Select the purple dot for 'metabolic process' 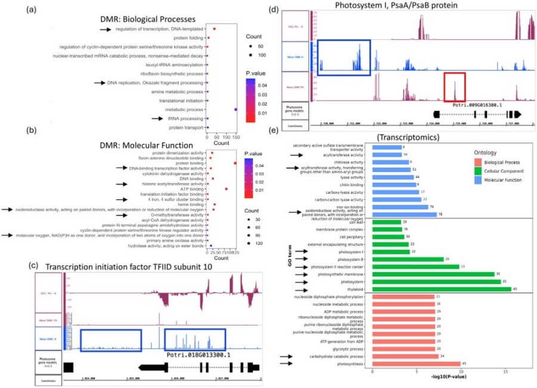coord(236,109)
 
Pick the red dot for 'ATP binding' coord(226,189)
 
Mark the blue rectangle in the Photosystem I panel coord(344,58)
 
